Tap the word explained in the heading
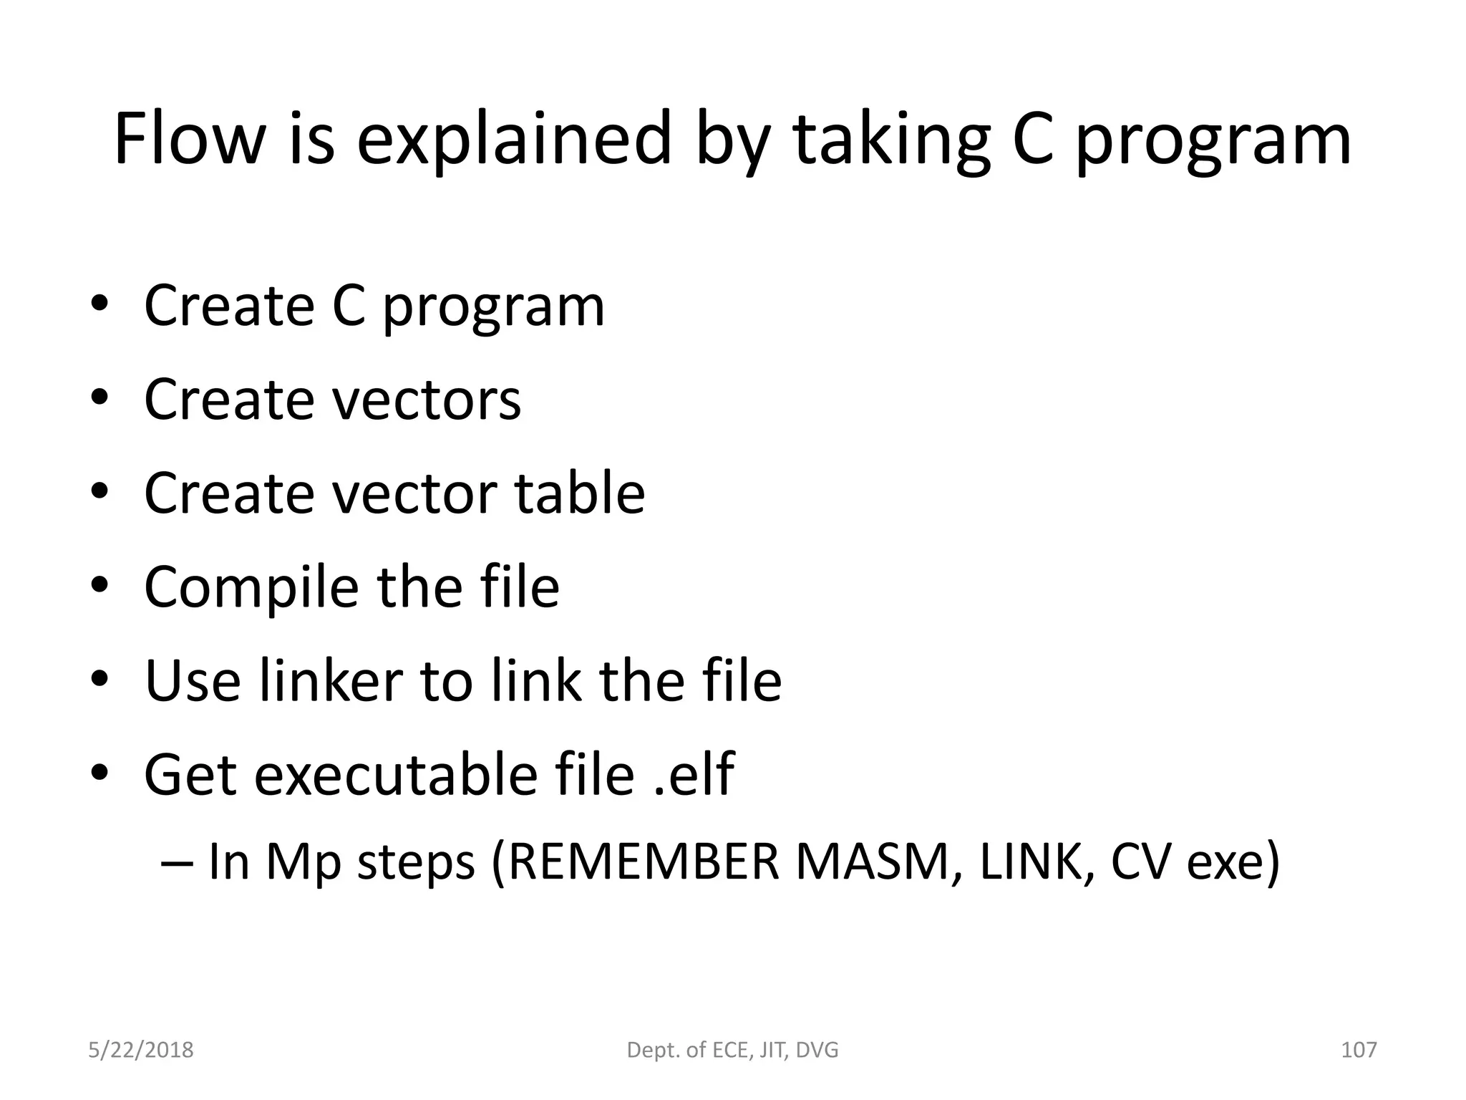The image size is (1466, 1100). (x=514, y=140)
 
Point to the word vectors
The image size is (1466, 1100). (x=427, y=399)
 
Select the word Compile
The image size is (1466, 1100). (x=251, y=587)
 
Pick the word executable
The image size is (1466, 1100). (x=396, y=774)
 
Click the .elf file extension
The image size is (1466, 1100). (x=694, y=774)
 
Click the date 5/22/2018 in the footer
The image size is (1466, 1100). (x=141, y=1051)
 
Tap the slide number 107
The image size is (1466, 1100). (x=1358, y=1051)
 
